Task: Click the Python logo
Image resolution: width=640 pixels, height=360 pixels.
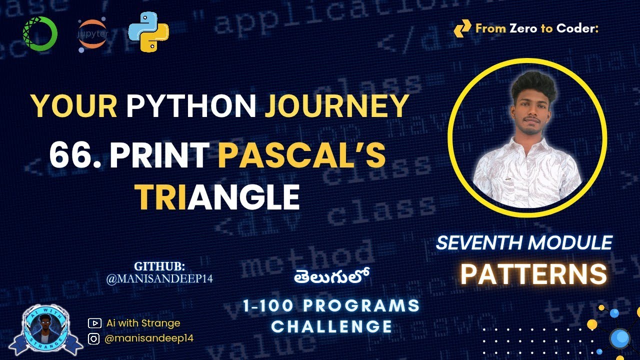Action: click(148, 31)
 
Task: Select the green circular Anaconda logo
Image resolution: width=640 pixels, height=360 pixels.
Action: click(40, 33)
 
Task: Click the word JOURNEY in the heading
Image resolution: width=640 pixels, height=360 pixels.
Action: click(336, 106)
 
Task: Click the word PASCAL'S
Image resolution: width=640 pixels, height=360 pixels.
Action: click(301, 155)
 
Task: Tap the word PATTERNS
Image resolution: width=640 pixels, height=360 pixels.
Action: click(533, 274)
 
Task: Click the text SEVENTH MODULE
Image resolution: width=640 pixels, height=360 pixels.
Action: click(524, 243)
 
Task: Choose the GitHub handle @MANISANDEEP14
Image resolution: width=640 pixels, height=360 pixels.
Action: click(159, 279)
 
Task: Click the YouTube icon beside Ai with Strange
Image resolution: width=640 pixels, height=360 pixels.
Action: click(94, 323)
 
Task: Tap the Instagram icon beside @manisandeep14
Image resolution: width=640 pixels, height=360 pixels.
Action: click(94, 338)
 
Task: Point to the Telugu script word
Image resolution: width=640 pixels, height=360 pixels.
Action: click(331, 277)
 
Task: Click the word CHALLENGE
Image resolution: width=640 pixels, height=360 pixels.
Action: click(331, 326)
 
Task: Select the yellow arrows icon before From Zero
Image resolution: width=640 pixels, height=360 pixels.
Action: click(462, 29)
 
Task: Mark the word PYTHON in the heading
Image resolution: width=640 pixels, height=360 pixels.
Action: click(191, 106)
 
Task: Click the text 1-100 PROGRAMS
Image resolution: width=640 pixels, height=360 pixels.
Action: click(331, 305)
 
